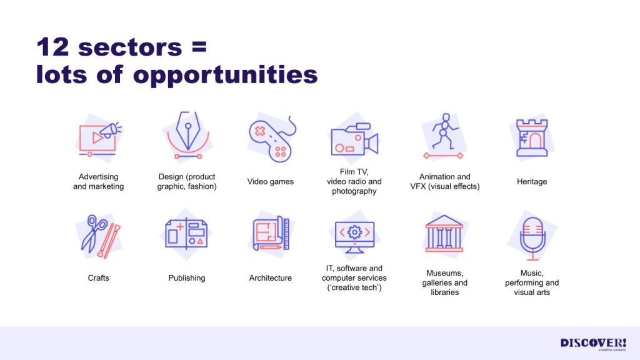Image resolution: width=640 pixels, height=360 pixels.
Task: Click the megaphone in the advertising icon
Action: tap(110, 130)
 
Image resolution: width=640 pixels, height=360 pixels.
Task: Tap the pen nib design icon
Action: tap(187, 135)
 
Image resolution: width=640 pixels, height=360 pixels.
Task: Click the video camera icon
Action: tap(354, 139)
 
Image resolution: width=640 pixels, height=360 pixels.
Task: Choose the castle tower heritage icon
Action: tap(531, 138)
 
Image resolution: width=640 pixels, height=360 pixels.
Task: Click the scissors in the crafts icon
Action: tap(94, 233)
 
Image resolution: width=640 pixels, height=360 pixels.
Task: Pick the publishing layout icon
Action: tap(186, 234)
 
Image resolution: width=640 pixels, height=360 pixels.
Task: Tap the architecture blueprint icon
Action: tap(271, 233)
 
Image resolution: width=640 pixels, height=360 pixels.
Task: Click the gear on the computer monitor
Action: tap(354, 232)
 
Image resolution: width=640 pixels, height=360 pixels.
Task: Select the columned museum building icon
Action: tap(444, 234)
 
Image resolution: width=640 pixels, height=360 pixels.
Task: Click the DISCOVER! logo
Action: tap(593, 343)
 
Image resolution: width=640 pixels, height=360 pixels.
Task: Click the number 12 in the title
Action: tap(52, 47)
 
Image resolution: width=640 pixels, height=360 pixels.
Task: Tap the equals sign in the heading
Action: tap(199, 47)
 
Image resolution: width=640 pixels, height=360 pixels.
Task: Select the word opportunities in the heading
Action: tap(225, 76)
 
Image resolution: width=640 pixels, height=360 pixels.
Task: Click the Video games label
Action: tap(270, 182)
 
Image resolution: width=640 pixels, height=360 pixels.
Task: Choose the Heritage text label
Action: tap(532, 182)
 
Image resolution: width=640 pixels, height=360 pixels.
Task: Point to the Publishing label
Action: tap(186, 278)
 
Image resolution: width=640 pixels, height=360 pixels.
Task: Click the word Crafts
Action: tap(98, 278)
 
